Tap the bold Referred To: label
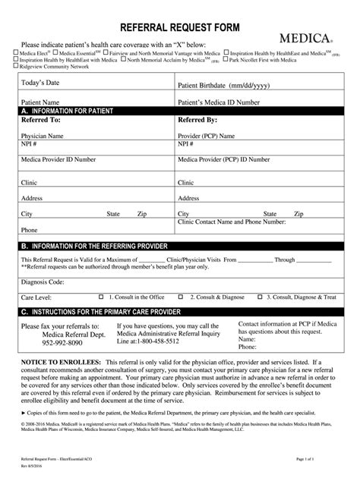[42, 120]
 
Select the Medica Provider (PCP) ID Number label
[225, 160]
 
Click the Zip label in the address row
[141, 214]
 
